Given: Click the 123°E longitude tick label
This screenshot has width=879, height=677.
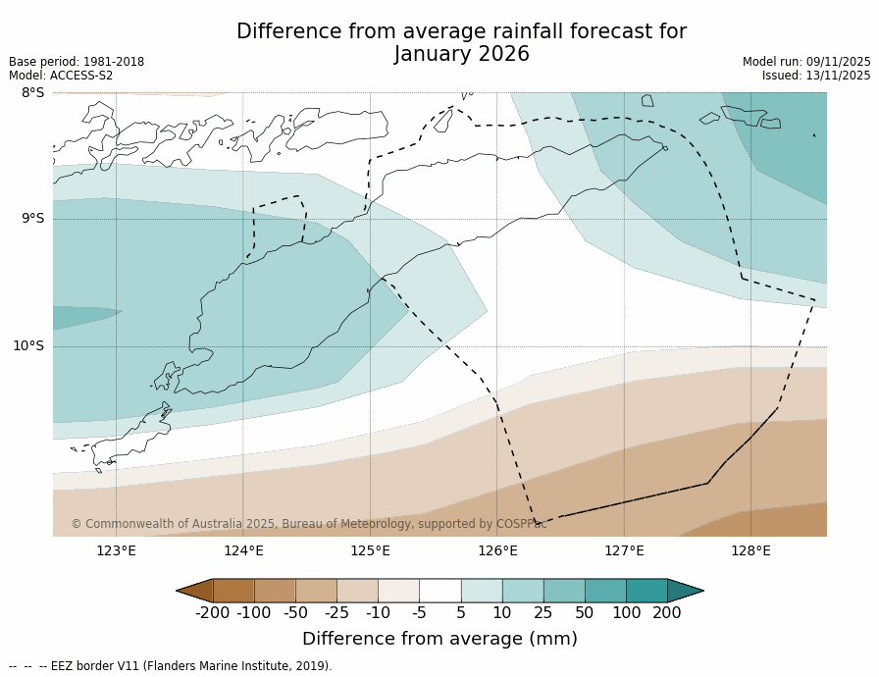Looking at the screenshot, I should (116, 550).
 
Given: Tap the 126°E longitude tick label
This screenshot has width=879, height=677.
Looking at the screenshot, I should (497, 550).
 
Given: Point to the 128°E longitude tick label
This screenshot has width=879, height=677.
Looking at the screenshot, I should (750, 550).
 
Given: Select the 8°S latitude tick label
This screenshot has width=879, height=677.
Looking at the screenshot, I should (32, 93).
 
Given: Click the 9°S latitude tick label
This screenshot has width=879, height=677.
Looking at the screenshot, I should (32, 219).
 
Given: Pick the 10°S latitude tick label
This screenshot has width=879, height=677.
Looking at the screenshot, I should (28, 345).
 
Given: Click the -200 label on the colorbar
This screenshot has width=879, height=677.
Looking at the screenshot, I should (212, 613).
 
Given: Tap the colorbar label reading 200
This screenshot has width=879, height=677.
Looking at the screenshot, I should (667, 613).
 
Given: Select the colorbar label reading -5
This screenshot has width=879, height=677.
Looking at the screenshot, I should (419, 613).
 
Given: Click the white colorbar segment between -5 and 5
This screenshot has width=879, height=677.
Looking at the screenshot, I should (439, 591).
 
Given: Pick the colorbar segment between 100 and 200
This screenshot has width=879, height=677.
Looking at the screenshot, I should (646, 591).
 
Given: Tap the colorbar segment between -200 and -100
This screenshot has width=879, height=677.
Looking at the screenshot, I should (233, 591).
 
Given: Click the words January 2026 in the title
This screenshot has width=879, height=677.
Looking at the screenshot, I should (461, 55).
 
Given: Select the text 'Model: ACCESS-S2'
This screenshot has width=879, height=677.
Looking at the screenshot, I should (61, 76).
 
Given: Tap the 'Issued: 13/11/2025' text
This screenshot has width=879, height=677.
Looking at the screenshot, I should (816, 76).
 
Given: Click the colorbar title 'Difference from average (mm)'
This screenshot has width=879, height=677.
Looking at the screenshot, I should (439, 639).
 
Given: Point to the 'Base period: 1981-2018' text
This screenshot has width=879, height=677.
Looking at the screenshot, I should (77, 62).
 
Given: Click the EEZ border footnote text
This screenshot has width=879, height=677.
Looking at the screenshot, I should (171, 666).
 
